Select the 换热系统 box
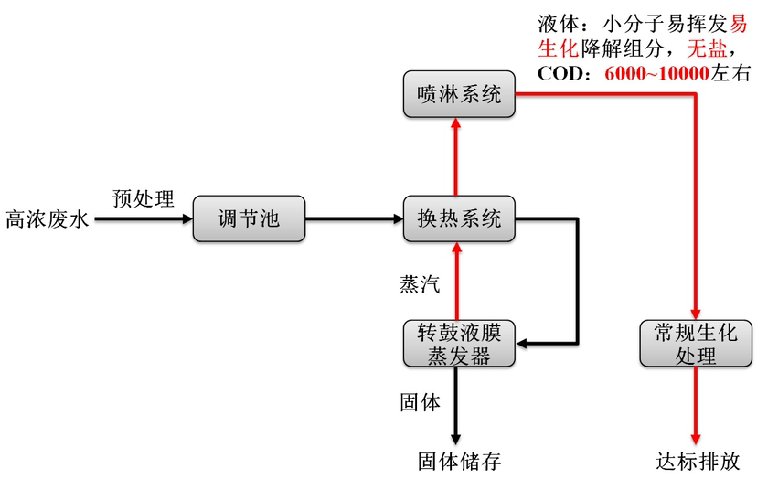point(459,219)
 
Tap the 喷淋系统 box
point(459,94)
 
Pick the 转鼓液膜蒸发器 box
point(459,343)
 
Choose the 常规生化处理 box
point(696,343)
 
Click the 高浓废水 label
point(47,220)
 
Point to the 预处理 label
point(143,198)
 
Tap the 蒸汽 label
point(420,284)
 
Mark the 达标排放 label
point(698,460)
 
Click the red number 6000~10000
point(656,73)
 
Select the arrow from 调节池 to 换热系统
point(353,219)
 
